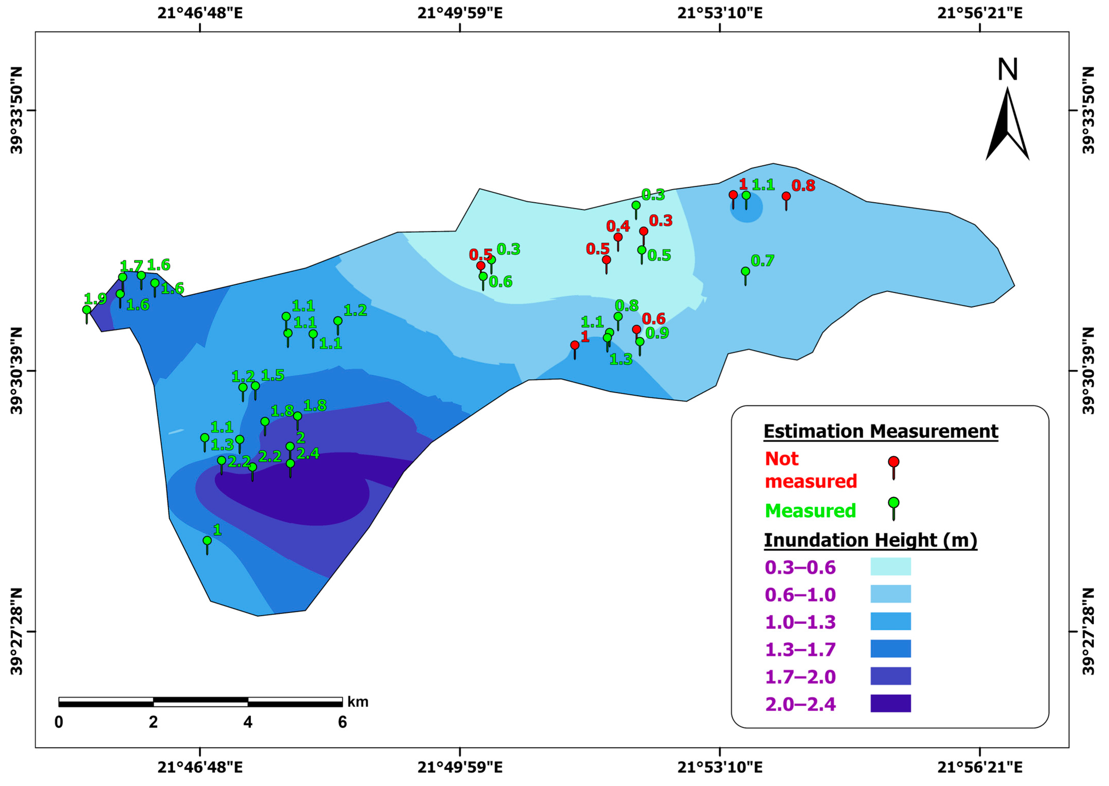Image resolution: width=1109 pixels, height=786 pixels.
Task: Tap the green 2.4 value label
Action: click(x=308, y=454)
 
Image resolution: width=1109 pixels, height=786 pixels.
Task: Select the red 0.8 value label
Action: click(x=803, y=185)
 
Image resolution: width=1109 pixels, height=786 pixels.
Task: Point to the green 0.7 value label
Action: click(x=762, y=261)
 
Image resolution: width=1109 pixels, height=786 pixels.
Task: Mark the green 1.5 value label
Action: click(x=273, y=375)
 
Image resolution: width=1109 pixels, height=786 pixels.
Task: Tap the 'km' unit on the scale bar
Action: click(x=358, y=702)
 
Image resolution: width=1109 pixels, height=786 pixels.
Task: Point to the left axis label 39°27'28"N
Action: click(x=16, y=631)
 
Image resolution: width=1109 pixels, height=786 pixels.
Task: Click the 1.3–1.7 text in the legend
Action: click(x=800, y=649)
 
